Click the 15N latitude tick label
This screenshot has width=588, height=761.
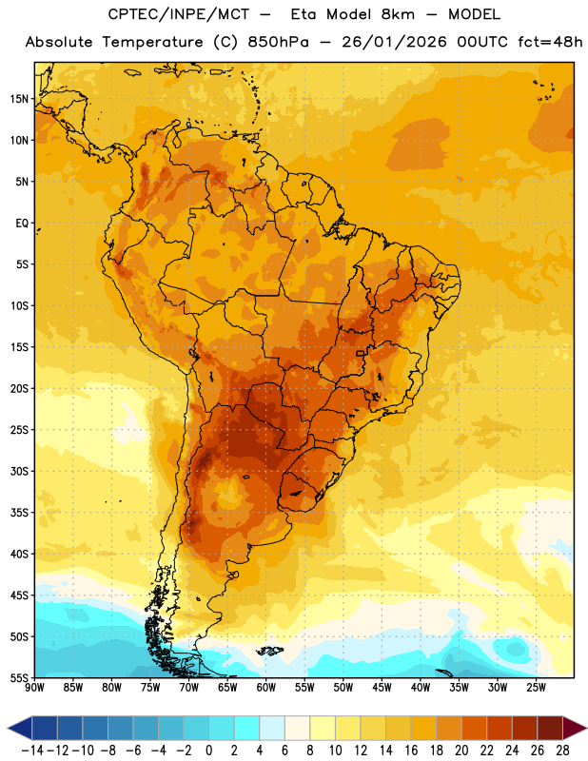pos(19,99)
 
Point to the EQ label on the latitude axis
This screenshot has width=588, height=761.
pos(22,224)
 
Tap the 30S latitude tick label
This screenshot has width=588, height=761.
pos(19,471)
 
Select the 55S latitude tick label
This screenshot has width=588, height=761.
pos(19,678)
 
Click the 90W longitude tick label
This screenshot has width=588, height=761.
pos(34,688)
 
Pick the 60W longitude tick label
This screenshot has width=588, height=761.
pos(266,688)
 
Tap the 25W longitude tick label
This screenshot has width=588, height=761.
pos(536,688)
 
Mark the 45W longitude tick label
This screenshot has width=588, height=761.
pos(382,688)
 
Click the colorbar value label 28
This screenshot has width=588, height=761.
pos(562,751)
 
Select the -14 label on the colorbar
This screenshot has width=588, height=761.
pos(32,751)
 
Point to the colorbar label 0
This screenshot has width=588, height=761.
pos(208,751)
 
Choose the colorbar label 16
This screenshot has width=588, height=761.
pos(411,751)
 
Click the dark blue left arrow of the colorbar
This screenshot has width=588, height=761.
pos(20,729)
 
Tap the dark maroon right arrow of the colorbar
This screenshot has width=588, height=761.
pos(575,729)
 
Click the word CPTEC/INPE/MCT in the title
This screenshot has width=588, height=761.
pos(179,14)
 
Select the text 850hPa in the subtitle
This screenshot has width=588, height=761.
pos(278,42)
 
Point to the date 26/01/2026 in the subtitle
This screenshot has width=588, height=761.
pos(394,42)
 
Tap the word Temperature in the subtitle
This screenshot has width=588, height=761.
pos(152,43)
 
